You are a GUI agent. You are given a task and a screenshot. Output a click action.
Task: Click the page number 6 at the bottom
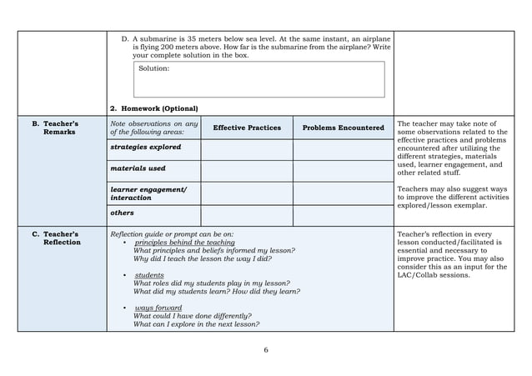pyautogui.click(x=266, y=349)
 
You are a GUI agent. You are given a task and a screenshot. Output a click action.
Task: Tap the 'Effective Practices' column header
pyautogui.click(x=247, y=128)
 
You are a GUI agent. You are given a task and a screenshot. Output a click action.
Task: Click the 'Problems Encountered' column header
pyautogui.click(x=343, y=128)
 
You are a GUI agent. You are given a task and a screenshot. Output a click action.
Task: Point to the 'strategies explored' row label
pyautogui.click(x=146, y=147)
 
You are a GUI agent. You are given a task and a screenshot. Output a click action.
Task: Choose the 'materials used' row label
pyautogui.click(x=138, y=168)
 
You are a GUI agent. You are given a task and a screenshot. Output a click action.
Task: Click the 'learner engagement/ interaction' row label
pyautogui.click(x=148, y=193)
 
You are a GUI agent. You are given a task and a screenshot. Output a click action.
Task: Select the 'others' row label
pyautogui.click(x=123, y=213)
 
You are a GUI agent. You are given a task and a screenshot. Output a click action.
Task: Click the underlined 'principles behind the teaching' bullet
pyautogui.click(x=184, y=243)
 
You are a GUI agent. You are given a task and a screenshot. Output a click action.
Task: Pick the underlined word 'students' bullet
pyautogui.click(x=149, y=275)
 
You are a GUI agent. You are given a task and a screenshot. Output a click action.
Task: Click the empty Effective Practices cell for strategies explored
pyautogui.click(x=247, y=150)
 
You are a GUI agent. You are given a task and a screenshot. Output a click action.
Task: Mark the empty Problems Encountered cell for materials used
pyautogui.click(x=343, y=171)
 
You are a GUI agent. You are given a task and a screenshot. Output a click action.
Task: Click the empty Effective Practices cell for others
pyautogui.click(x=247, y=216)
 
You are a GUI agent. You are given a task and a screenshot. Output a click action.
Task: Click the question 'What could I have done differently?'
pyautogui.click(x=193, y=316)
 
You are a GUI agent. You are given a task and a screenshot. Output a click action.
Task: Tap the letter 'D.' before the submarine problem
pyautogui.click(x=125, y=38)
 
